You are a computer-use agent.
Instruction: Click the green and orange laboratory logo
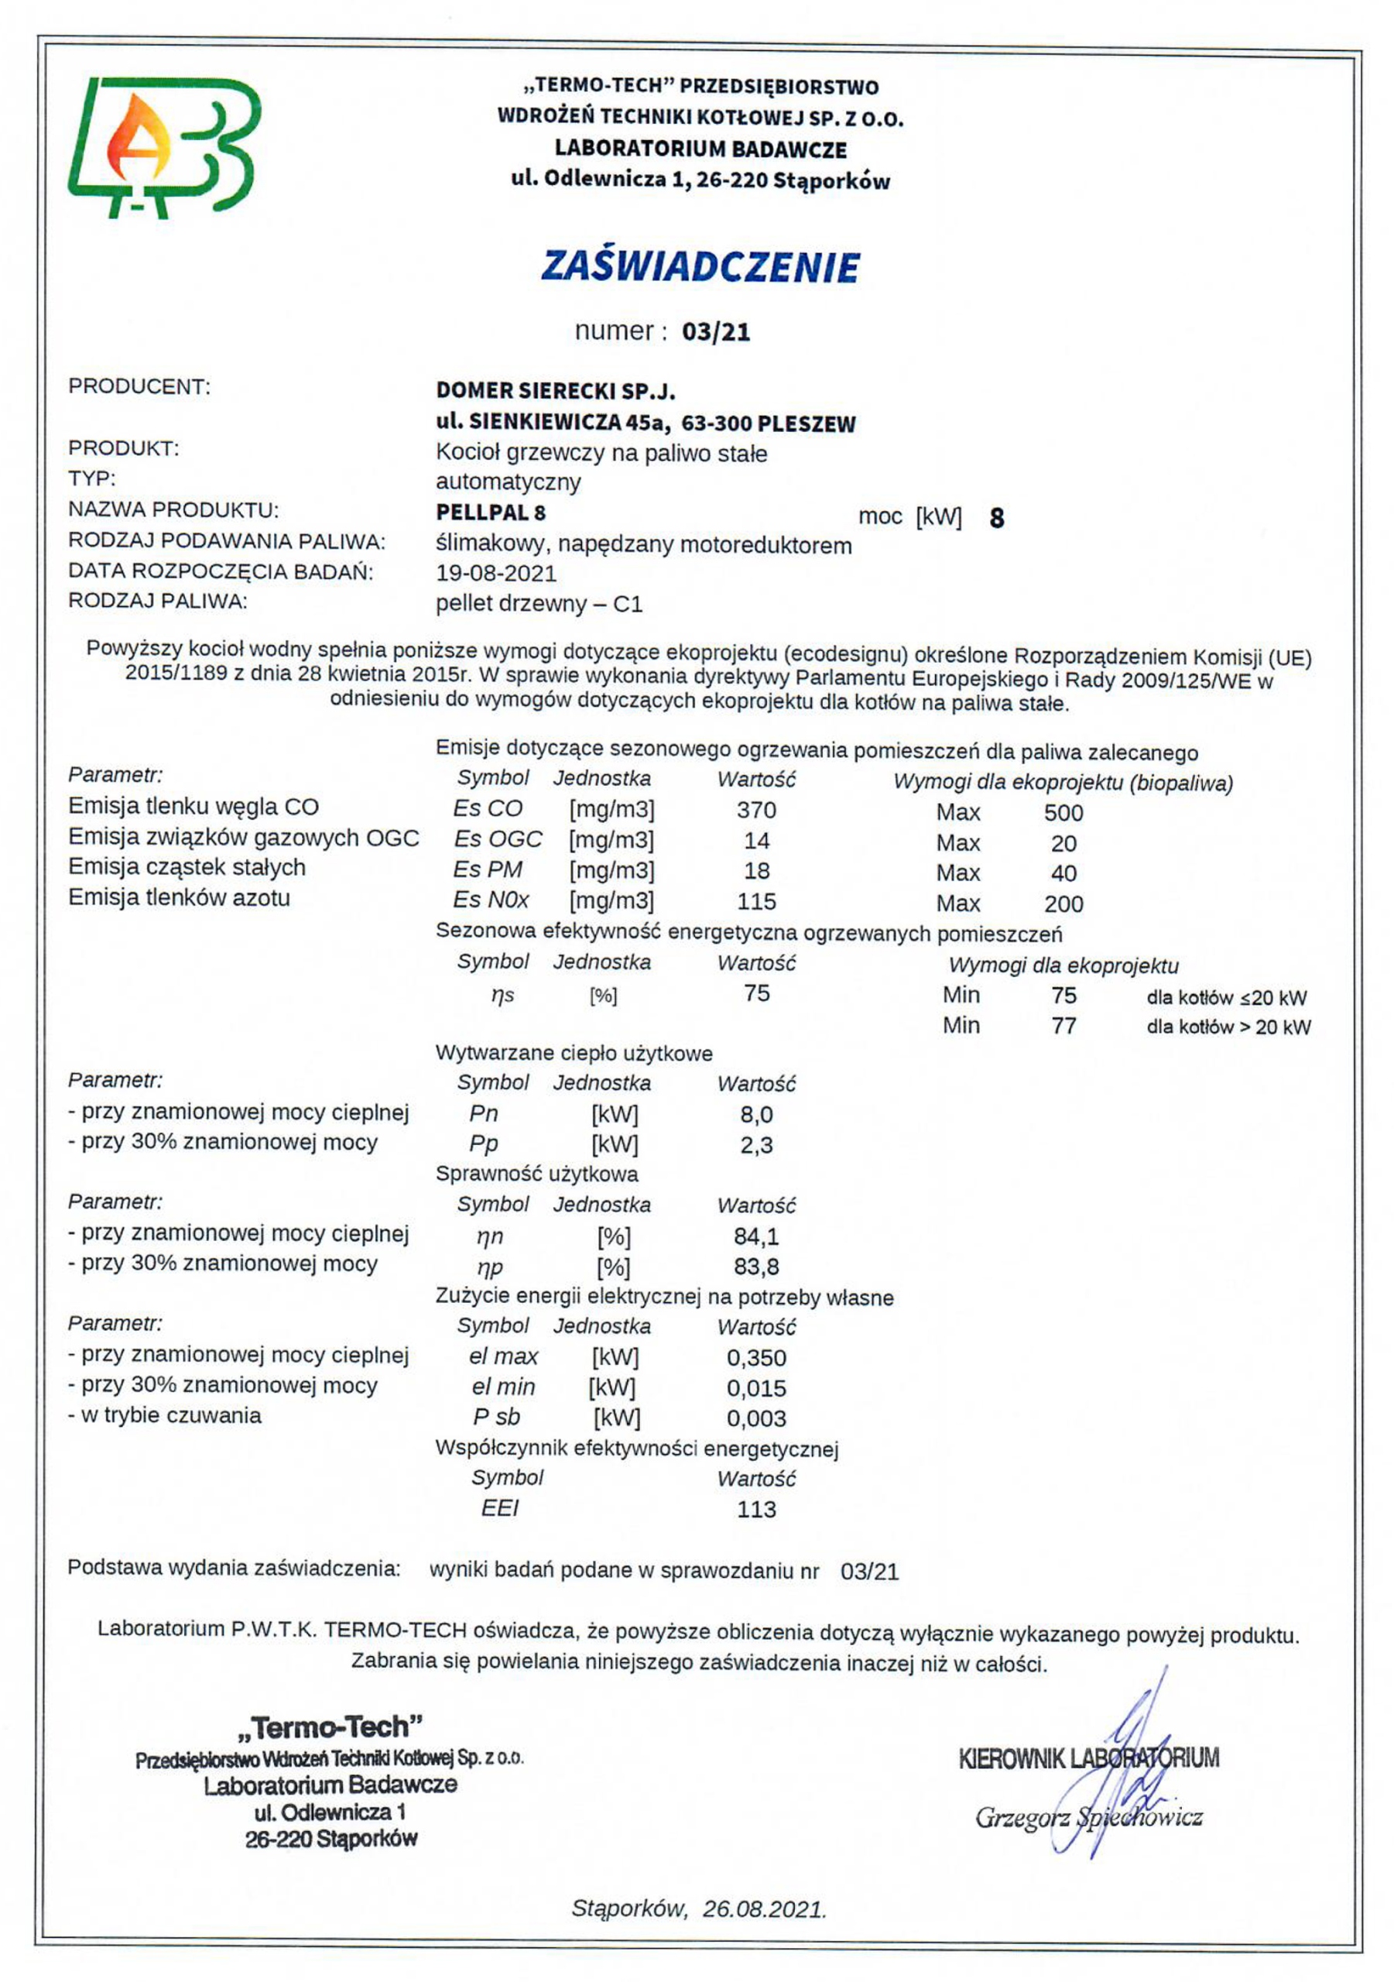pos(164,147)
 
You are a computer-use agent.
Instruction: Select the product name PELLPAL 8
pos(490,513)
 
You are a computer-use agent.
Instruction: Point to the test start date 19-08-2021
pos(495,573)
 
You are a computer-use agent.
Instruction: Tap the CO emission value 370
pos(756,810)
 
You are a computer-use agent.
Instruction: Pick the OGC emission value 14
pos(756,840)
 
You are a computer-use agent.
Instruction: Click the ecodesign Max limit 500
pos(1063,812)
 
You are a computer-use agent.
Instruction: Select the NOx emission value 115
pos(756,901)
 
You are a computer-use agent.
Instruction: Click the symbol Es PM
pos(488,870)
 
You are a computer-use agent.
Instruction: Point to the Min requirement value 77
pos(1063,1026)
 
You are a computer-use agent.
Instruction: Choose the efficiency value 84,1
pos(756,1236)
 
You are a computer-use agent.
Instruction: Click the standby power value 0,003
pos(756,1418)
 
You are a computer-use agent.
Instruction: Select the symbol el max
pos(503,1357)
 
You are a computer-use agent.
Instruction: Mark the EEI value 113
pos(756,1509)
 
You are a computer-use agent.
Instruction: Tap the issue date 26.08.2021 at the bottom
pos(764,1908)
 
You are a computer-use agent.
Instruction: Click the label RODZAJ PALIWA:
pos(158,602)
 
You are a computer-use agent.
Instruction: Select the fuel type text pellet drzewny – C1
pos(539,604)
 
